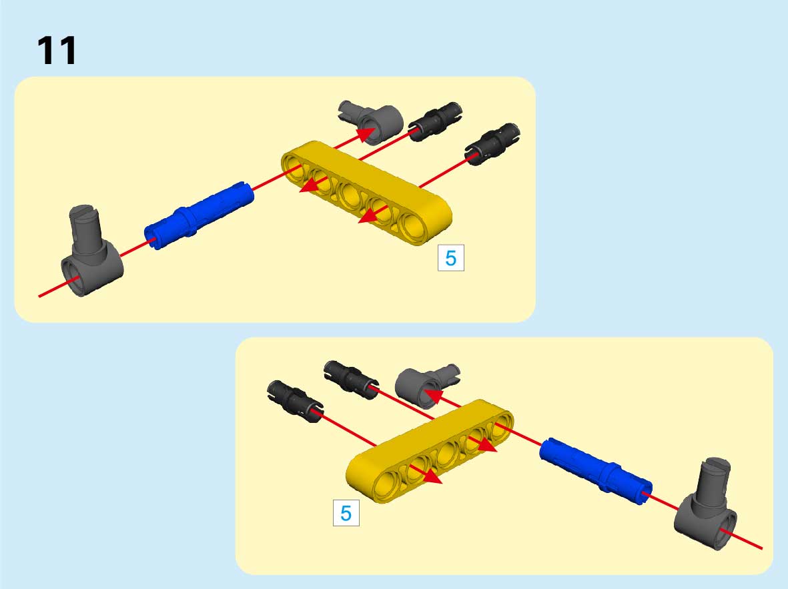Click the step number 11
pos(57,50)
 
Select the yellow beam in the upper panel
pos(366,193)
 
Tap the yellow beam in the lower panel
pos(430,452)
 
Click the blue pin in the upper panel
pos(199,215)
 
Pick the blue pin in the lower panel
pos(596,470)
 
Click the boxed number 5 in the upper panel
pos(451,258)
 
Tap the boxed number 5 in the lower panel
pos(346,513)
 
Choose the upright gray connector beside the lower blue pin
pos(706,504)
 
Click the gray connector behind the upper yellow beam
pos(372,121)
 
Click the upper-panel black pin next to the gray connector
pos(435,121)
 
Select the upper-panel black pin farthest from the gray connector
pos(492,144)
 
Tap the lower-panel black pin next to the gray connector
pos(351,380)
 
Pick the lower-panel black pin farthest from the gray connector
pos(295,401)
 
